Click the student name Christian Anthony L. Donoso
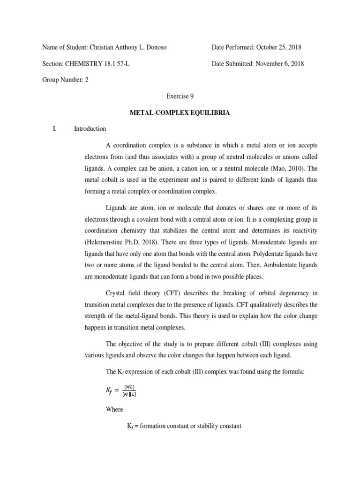tap(133, 48)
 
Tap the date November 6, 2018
tap(279, 64)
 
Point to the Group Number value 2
tap(86, 80)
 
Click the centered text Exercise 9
tap(180, 96)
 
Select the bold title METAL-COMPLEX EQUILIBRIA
tap(180, 112)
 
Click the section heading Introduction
tap(90, 128)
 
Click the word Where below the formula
tap(115, 409)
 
